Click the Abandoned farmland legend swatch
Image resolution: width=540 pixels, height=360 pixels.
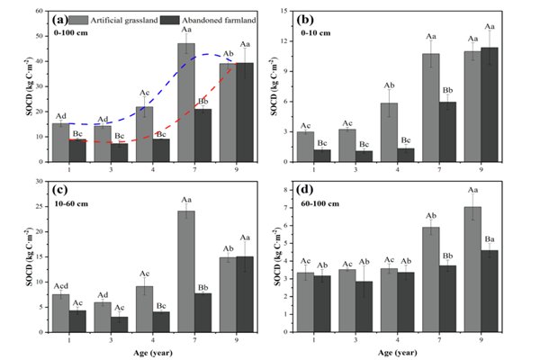tap(167, 18)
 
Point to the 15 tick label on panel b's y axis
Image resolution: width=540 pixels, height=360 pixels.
tap(288, 11)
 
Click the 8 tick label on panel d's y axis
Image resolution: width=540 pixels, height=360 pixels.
tap(289, 186)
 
